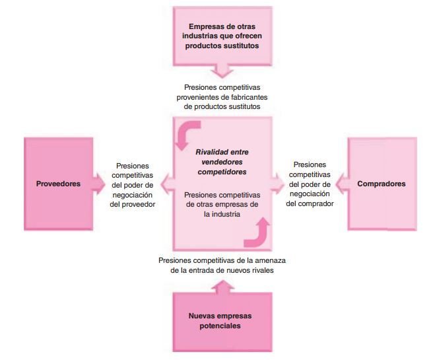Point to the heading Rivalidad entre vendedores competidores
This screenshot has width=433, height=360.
click(222, 161)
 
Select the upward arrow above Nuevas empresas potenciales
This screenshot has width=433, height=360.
click(222, 286)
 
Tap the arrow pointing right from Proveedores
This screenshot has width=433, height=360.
click(98, 180)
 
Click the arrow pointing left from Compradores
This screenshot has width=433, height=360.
click(343, 180)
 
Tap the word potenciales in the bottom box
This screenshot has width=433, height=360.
click(222, 326)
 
